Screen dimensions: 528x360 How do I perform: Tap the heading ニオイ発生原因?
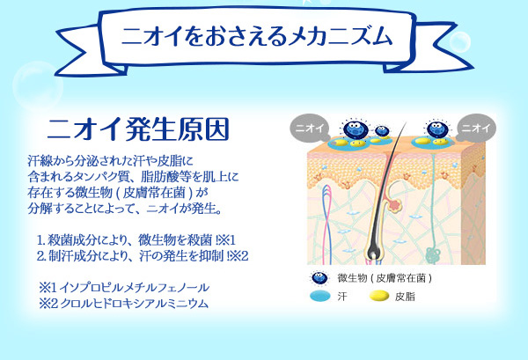tap(138, 129)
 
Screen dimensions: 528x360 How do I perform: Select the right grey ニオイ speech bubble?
tap(476, 128)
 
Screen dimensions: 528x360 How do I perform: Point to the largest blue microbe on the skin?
tap(356, 129)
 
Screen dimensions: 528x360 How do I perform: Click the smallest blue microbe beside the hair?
tap(382, 131)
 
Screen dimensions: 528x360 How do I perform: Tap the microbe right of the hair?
tap(437, 129)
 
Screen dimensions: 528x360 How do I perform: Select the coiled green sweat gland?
tap(432, 254)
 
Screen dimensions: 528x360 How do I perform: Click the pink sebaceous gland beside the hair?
tap(395, 205)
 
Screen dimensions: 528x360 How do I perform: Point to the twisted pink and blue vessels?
tap(327, 224)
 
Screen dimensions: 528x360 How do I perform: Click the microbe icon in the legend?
tap(319, 278)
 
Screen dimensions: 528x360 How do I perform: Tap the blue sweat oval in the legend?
tap(320, 297)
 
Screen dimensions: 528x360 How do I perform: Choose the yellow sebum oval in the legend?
tap(379, 297)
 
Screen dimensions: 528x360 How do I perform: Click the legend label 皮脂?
tap(405, 297)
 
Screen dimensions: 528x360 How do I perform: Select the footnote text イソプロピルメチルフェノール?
tap(135, 288)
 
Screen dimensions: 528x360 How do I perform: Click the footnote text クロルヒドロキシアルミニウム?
tap(135, 304)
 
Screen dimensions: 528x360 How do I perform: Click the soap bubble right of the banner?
tap(460, 41)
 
